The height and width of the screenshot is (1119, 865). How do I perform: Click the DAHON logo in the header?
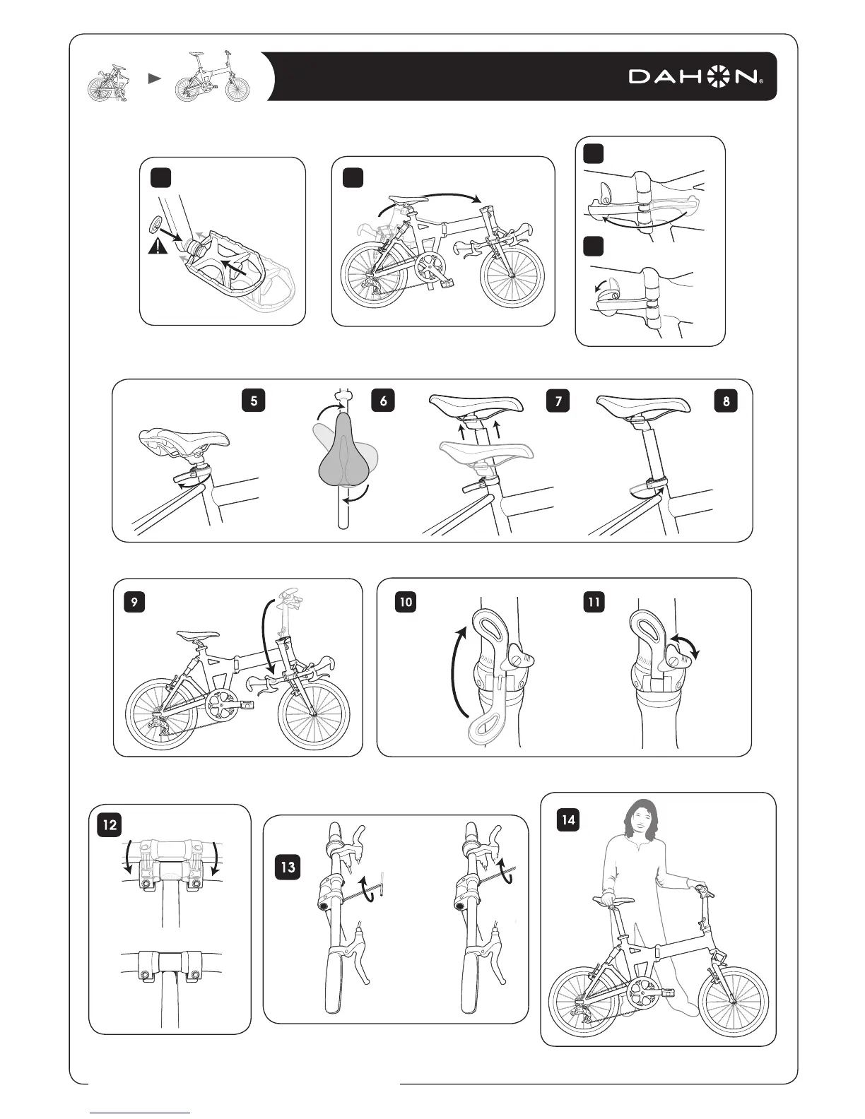(695, 76)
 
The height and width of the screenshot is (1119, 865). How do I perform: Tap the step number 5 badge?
(253, 401)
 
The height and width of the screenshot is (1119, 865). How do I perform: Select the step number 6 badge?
(383, 401)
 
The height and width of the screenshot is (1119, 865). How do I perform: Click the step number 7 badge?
(558, 401)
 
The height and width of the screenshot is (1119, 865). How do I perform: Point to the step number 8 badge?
(726, 401)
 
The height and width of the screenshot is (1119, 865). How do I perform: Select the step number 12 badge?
(110, 824)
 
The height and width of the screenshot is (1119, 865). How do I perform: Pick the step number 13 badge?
(288, 865)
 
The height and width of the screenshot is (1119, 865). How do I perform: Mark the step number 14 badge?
(568, 819)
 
